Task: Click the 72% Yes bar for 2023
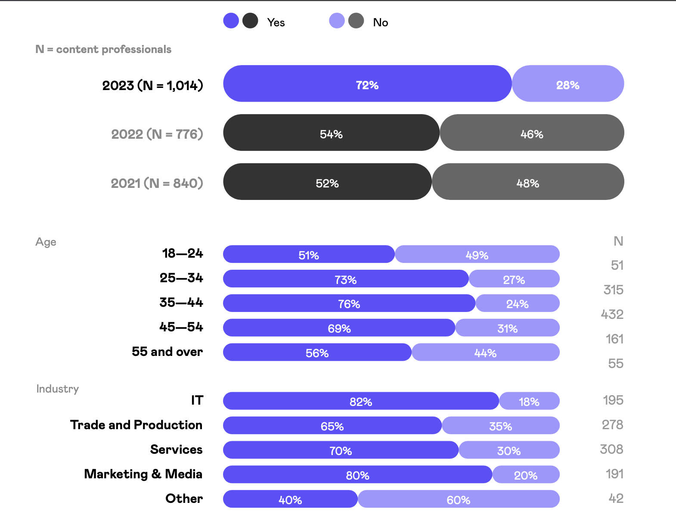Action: [x=367, y=84]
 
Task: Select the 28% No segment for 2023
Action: [x=567, y=84]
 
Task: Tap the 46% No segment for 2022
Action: [x=532, y=133]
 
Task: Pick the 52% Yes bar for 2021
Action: [x=327, y=182]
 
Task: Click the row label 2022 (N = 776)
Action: [x=157, y=134]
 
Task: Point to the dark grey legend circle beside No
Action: [x=356, y=21]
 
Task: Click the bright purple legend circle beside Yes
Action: [x=231, y=21]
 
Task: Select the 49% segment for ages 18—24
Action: [x=477, y=255]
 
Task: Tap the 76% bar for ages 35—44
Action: [x=349, y=304]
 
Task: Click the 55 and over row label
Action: [x=167, y=352]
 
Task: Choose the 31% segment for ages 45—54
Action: [x=507, y=328]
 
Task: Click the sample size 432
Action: [x=612, y=315]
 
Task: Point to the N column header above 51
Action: [x=618, y=241]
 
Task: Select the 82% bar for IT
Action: [x=361, y=401]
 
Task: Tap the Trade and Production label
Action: [x=136, y=425]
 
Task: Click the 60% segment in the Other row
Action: [x=458, y=499]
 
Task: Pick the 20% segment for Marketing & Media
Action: [x=526, y=475]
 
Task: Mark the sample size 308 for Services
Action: [x=611, y=449]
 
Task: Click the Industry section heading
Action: [x=58, y=389]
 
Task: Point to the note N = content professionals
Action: [x=103, y=50]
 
